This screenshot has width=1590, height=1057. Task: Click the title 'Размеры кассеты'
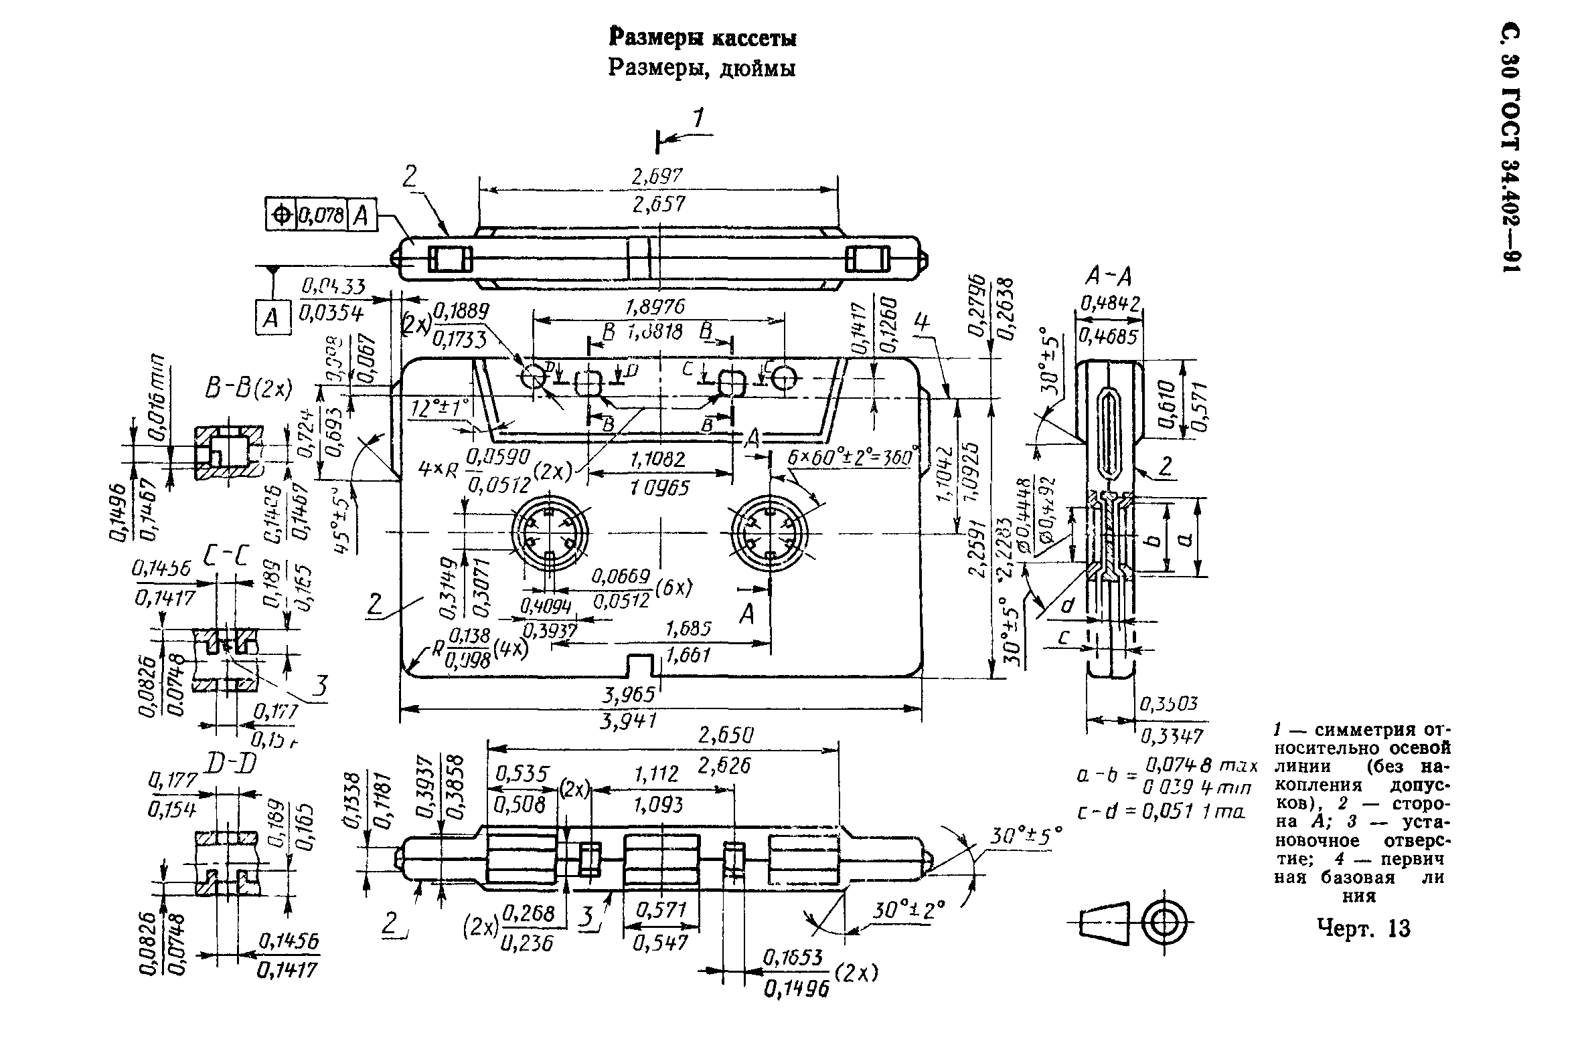(702, 38)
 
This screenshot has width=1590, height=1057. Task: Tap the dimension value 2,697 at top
(657, 177)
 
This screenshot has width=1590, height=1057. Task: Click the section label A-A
(1109, 276)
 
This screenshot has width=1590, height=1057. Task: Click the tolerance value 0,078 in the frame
(321, 215)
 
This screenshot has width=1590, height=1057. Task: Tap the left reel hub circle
(549, 533)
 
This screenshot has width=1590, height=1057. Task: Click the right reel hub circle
(770, 533)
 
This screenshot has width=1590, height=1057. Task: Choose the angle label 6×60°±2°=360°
(852, 458)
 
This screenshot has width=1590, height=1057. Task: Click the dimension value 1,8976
(654, 307)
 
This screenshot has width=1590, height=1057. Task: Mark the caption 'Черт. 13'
(1362, 929)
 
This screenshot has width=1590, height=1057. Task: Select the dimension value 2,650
(725, 735)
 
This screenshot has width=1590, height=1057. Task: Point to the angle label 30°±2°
(908, 911)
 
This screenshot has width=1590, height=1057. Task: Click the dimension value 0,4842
(1110, 304)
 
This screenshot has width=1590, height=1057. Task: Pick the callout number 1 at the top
(698, 119)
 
